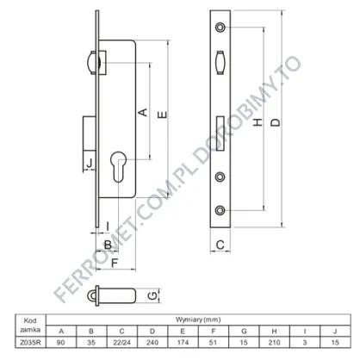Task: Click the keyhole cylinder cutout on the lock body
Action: [x=119, y=166]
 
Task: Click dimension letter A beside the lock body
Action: [x=143, y=112]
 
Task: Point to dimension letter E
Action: [x=163, y=115]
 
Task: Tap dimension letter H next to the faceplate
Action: [x=258, y=122]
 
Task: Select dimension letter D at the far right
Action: [x=276, y=122]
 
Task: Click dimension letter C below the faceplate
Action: [x=220, y=245]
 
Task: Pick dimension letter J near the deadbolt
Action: [x=90, y=164]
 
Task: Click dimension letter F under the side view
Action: [x=115, y=263]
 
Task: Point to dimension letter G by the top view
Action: [x=152, y=295]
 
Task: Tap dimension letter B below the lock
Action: [x=108, y=245]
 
